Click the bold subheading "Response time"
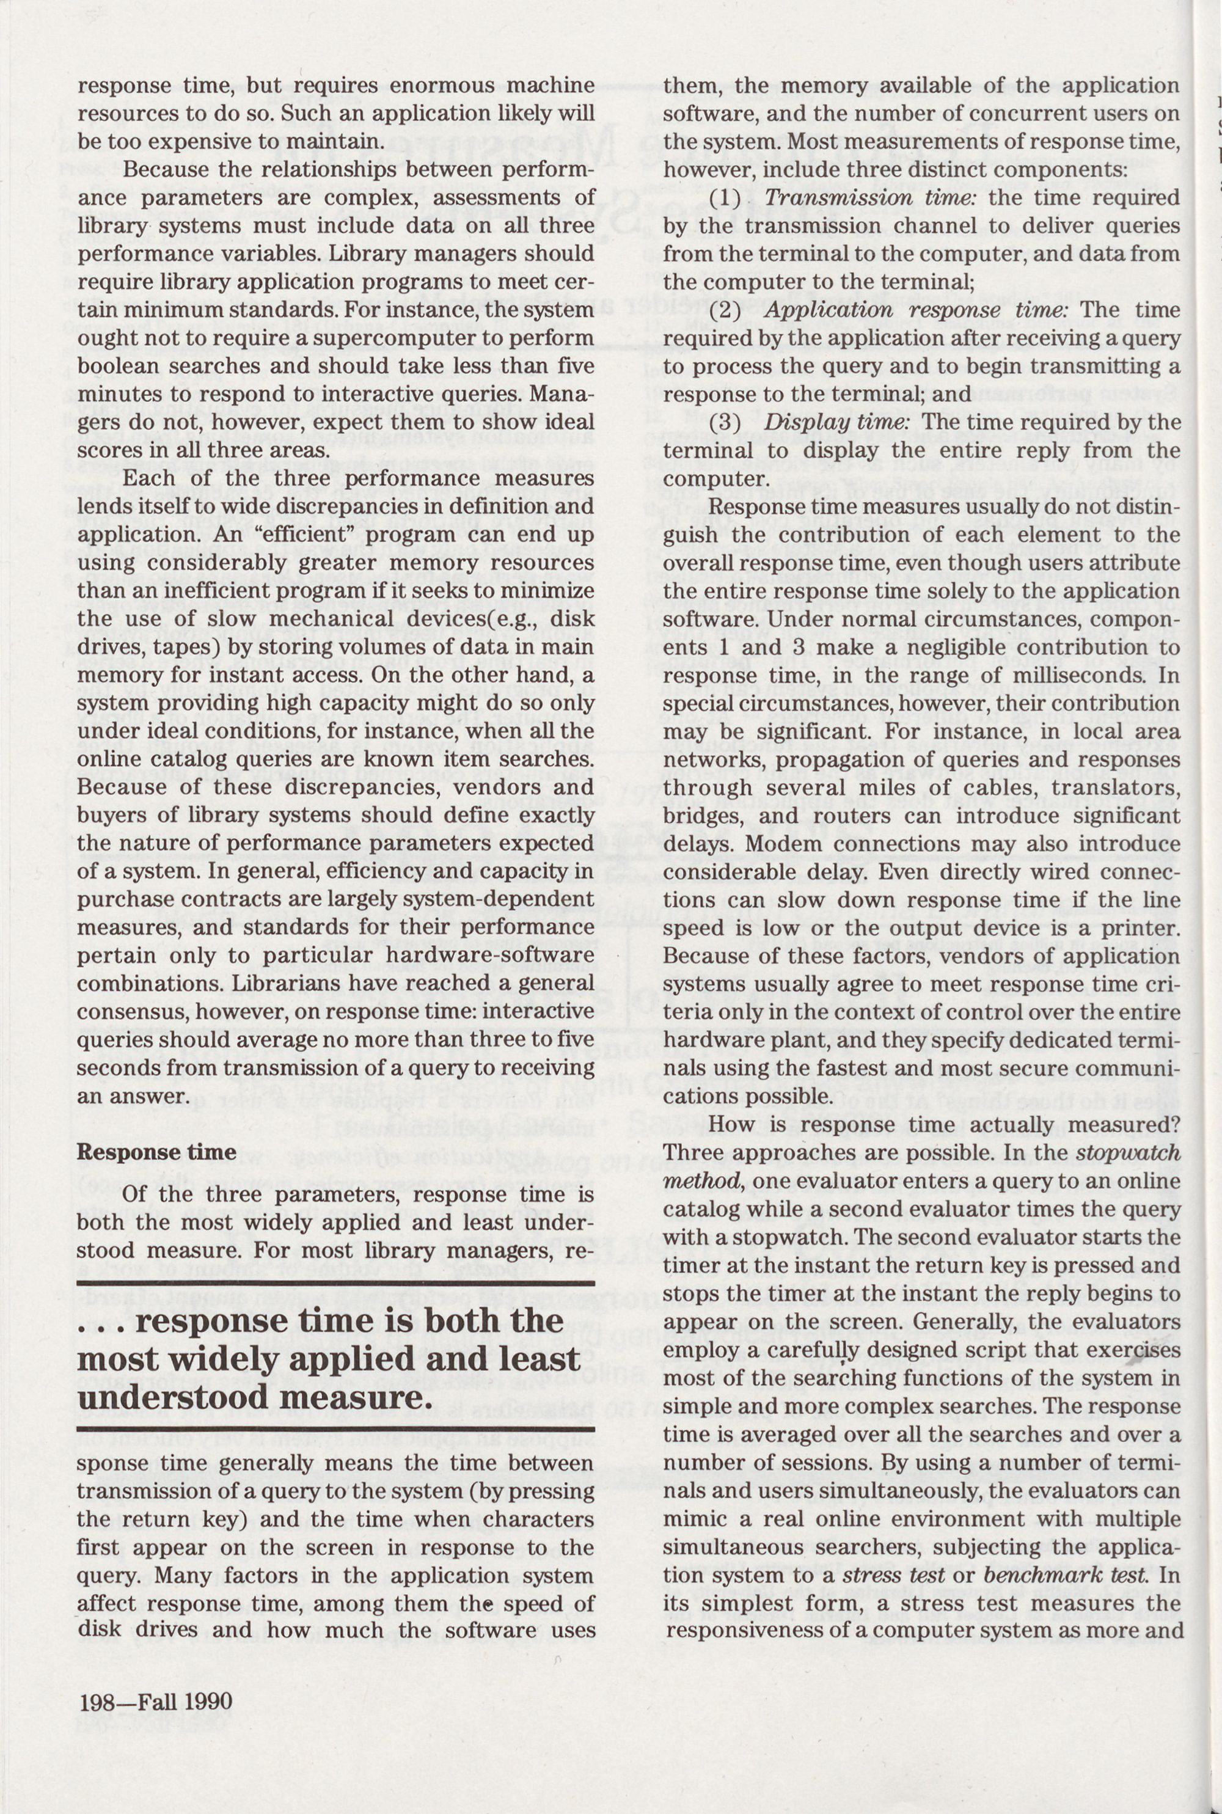156,1152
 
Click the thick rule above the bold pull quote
335,1283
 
